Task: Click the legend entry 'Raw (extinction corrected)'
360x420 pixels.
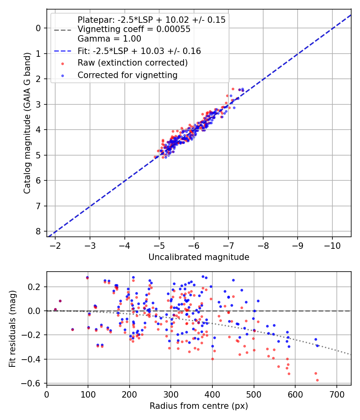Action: (132, 63)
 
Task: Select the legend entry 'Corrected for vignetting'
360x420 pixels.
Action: (128, 75)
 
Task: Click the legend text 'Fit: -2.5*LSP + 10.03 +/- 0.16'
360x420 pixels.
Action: (139, 51)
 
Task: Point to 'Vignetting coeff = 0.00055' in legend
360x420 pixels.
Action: (134, 29)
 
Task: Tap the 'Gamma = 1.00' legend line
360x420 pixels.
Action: (109, 39)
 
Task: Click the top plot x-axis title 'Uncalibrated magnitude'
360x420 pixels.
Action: (199, 257)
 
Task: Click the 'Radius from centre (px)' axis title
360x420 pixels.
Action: (199, 406)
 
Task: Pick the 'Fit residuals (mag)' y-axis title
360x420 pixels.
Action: (12, 328)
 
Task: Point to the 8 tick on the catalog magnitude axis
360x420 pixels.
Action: (38, 232)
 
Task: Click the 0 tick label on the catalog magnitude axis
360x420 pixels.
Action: (38, 28)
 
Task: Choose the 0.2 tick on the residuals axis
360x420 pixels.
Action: (36, 287)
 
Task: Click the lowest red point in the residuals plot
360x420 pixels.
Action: (317, 380)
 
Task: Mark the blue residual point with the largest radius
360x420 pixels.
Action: (317, 345)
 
